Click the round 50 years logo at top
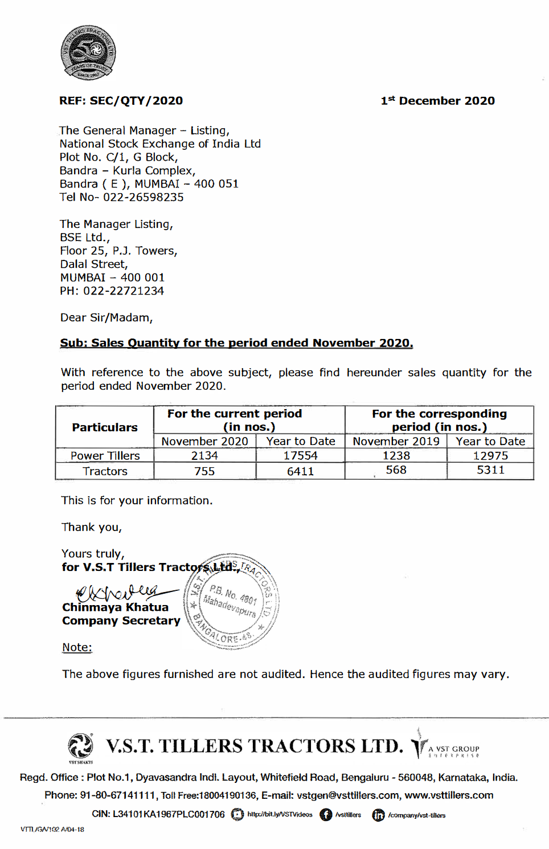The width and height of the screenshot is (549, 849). (88, 52)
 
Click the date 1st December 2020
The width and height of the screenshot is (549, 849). (437, 101)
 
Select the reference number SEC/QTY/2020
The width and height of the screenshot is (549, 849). (136, 101)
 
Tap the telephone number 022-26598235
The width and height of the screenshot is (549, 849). (143, 197)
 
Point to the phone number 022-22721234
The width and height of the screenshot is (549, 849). (124, 291)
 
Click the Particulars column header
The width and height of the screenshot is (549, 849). (105, 427)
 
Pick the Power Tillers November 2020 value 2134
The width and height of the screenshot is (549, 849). (204, 456)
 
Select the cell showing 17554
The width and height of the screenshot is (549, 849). (300, 456)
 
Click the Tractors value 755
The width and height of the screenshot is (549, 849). (204, 471)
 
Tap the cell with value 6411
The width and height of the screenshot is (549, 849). (300, 471)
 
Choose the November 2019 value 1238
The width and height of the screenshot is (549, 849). (396, 456)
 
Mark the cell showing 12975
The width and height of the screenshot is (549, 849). (490, 456)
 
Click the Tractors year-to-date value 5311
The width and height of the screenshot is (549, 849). (490, 470)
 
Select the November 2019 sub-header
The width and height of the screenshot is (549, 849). (396, 441)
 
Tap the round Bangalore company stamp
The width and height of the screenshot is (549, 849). (232, 601)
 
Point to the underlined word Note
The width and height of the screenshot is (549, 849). (77, 647)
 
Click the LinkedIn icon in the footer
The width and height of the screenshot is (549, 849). (378, 815)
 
